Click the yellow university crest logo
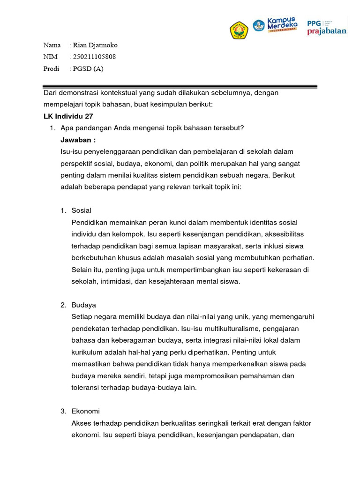point(239,30)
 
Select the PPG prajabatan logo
point(327,28)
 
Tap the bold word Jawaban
point(78,140)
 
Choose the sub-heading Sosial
point(81,210)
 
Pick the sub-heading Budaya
point(83,305)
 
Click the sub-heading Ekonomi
point(85,411)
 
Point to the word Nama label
point(52,45)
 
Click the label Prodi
point(52,69)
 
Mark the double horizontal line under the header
point(180,86)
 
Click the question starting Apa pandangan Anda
point(152,128)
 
